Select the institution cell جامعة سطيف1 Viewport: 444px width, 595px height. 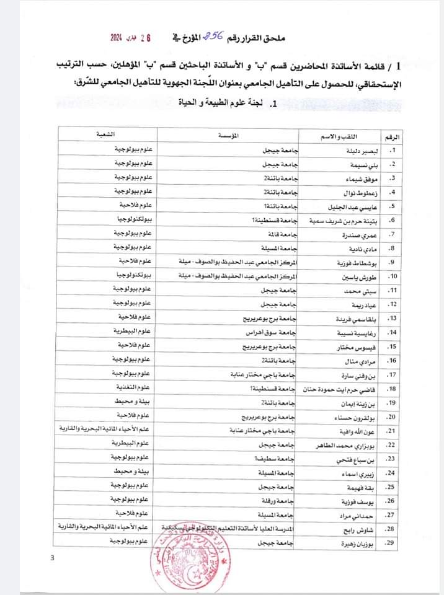click(274, 458)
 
